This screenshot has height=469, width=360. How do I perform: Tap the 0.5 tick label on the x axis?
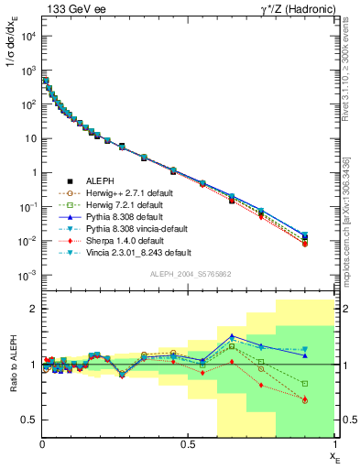point(189,445)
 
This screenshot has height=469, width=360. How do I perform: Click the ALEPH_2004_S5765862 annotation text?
point(189,274)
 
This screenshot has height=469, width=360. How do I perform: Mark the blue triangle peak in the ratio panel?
point(232,336)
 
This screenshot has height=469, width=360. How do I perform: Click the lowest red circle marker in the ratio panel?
point(304,400)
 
